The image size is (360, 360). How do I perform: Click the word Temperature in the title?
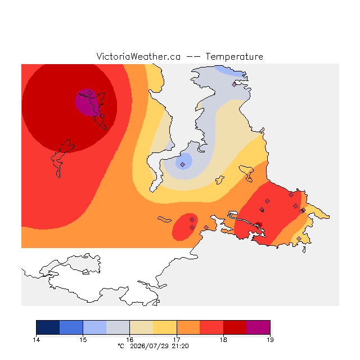[x=234, y=56]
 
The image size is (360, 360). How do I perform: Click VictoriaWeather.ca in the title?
[x=138, y=56]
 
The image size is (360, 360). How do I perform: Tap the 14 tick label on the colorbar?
[x=36, y=340]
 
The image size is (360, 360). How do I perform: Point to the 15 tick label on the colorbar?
[x=83, y=340]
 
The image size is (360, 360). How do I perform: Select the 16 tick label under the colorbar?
[x=130, y=340]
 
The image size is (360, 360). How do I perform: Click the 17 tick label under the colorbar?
[x=177, y=340]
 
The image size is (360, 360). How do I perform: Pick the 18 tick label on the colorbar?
[x=223, y=340]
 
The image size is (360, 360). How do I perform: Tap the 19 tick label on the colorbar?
[x=270, y=340]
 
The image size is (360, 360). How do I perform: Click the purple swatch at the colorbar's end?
[x=258, y=327]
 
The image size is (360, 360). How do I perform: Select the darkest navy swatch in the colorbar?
[x=48, y=327]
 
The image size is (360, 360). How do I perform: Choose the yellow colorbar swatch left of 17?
[x=165, y=327]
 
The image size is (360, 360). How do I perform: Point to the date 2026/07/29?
[x=149, y=346]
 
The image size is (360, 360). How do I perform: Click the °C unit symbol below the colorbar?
[x=121, y=346]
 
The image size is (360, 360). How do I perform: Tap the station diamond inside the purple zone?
[x=90, y=93]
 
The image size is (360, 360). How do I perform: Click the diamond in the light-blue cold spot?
[x=182, y=164]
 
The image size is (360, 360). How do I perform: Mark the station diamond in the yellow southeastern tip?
[x=299, y=238]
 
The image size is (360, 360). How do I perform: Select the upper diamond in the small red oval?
[x=192, y=220]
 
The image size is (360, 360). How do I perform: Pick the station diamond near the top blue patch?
[x=234, y=84]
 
